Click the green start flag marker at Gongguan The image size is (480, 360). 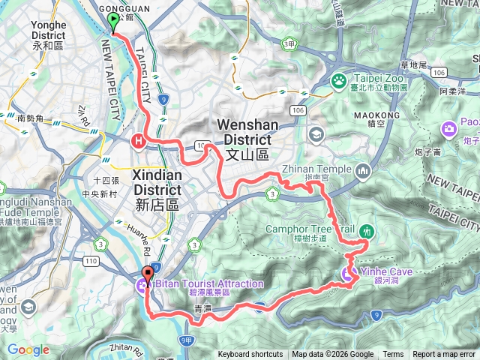pos(113,20)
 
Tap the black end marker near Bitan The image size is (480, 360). pos(147,275)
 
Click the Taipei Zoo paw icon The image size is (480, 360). pos(338,78)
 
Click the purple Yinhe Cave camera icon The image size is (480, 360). pos(348,274)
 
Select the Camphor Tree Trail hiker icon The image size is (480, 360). pos(366,231)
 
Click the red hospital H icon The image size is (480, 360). pos(138,139)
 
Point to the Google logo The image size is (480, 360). pos(28,349)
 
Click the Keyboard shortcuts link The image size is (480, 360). pos(250,355)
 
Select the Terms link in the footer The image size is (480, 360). pos(393,355)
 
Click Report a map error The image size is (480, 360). pos(445,355)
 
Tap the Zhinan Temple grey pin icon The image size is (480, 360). pos(364,171)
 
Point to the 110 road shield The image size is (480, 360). pos(92,260)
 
